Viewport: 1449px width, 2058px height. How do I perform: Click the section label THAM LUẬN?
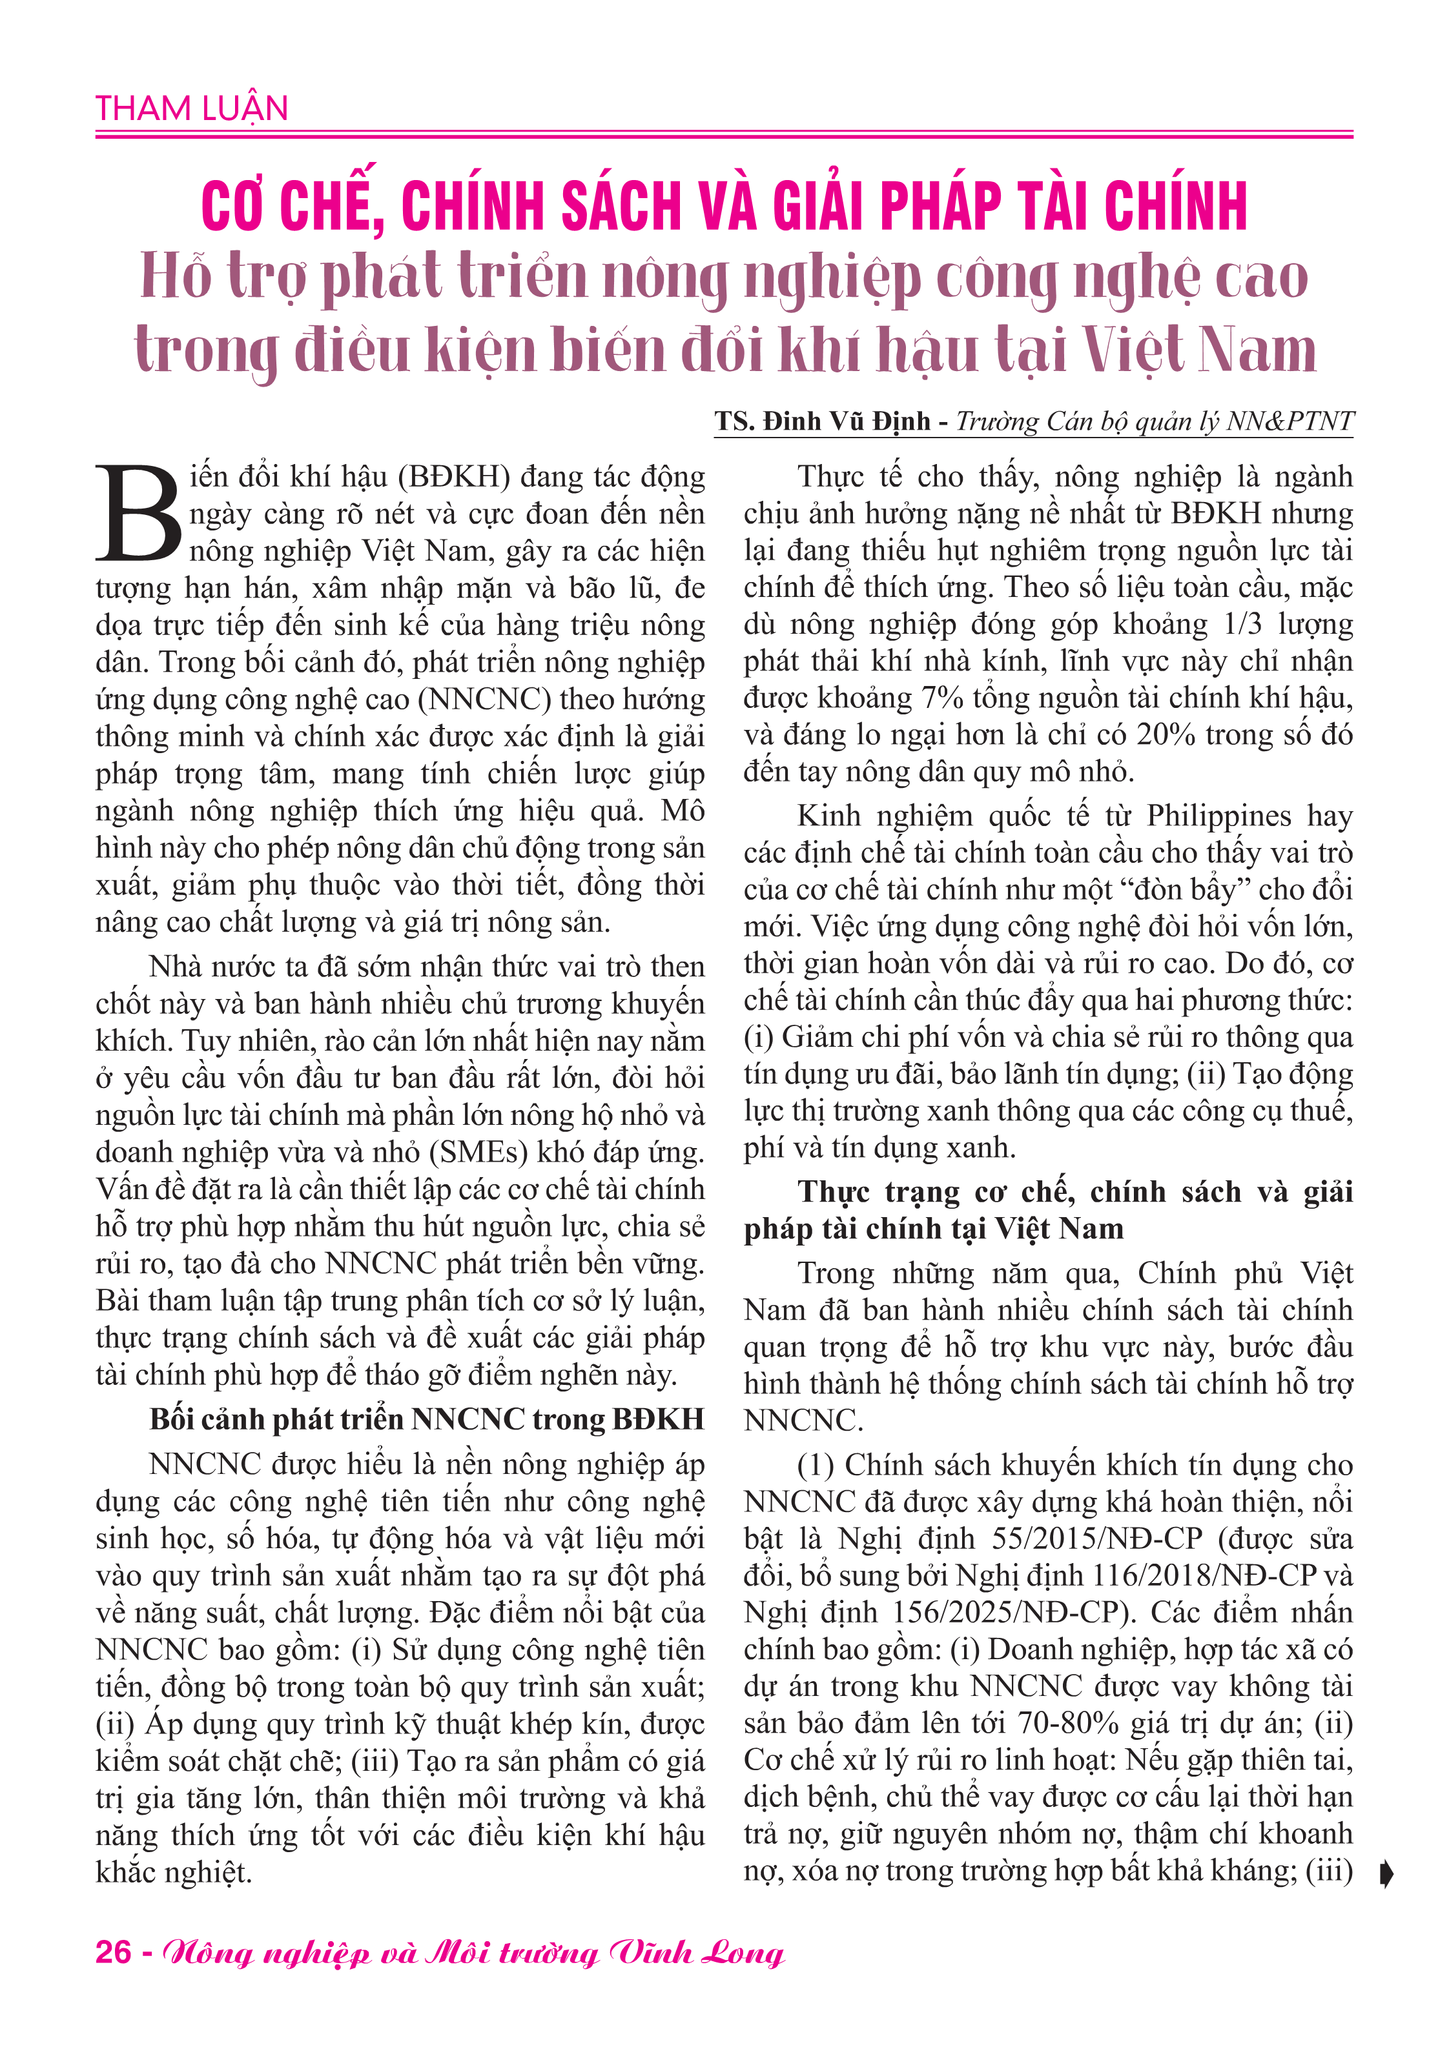pos(192,108)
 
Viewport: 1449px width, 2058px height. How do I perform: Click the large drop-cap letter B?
pos(140,514)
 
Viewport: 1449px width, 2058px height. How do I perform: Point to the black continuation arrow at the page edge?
pos(1386,1874)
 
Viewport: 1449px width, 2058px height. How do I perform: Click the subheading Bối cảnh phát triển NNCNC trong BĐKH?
pos(427,1419)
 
